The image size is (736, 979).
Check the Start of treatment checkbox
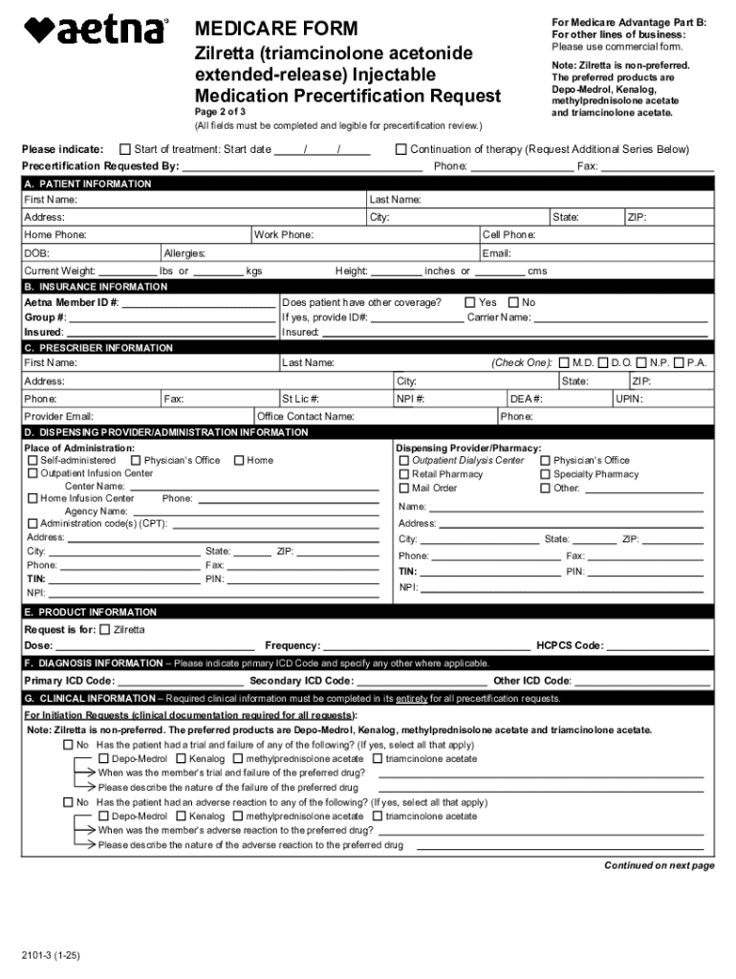tap(124, 149)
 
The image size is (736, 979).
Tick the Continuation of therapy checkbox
tap(401, 149)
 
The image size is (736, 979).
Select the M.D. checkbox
tap(564, 363)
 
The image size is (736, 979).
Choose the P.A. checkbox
tap(679, 363)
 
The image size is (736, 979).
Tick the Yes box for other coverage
tap(469, 302)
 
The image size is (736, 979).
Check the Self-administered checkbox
tap(32, 461)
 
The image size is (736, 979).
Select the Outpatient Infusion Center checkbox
tap(32, 473)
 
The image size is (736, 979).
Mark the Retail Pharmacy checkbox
tap(404, 474)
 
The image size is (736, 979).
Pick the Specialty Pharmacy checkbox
tap(546, 474)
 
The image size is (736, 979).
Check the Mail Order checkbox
tap(404, 488)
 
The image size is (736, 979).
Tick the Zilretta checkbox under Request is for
tap(105, 630)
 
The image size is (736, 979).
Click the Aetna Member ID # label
tap(72, 302)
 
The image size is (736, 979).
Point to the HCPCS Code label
tap(570, 646)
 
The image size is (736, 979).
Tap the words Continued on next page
tap(659, 866)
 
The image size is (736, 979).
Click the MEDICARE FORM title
tap(276, 30)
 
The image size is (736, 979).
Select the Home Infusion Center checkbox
tap(32, 498)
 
